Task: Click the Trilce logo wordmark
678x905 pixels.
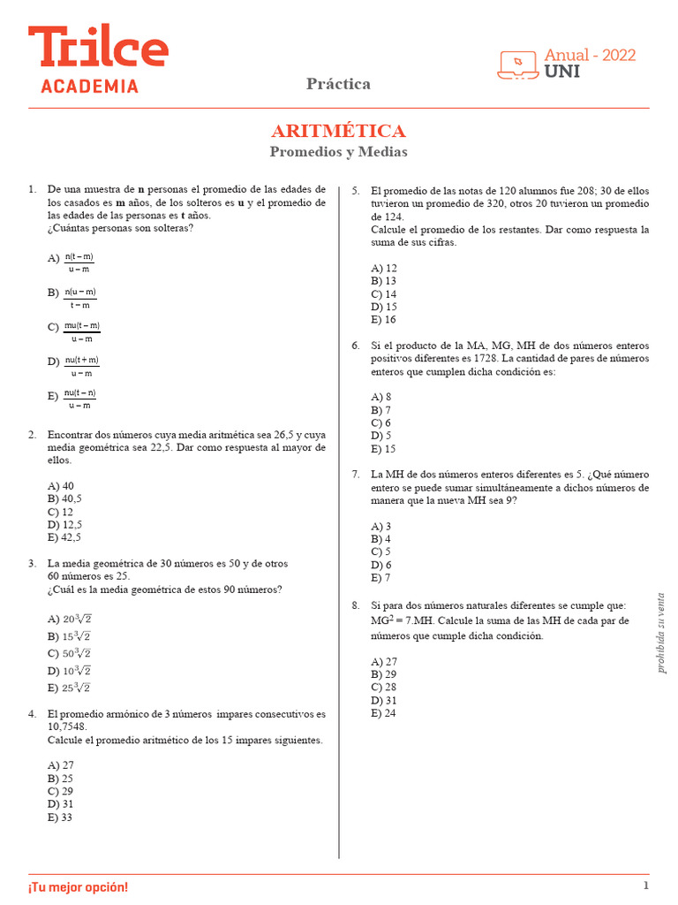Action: (x=97, y=48)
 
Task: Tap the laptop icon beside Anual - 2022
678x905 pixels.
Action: (x=518, y=64)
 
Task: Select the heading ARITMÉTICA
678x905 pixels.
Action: (x=338, y=132)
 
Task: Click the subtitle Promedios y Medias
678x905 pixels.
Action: (x=338, y=152)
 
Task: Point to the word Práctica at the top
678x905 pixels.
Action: (x=338, y=84)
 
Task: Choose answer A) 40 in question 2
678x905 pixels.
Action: (x=61, y=486)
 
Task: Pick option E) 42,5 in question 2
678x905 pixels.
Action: (x=64, y=537)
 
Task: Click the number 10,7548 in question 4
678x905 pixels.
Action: (x=67, y=727)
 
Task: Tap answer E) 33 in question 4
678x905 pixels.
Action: (x=61, y=818)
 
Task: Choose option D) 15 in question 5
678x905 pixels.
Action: (x=384, y=307)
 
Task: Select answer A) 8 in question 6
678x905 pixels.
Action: (x=381, y=397)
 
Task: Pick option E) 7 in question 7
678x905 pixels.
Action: (x=381, y=578)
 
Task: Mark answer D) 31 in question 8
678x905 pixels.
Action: (x=384, y=700)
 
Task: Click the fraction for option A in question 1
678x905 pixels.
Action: (x=79, y=262)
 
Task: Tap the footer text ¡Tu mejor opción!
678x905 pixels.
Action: (x=78, y=886)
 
